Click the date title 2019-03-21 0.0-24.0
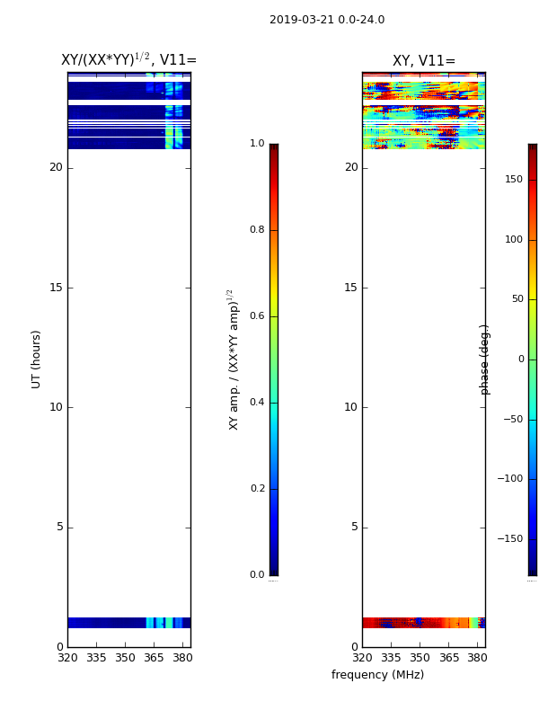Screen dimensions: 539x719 coord(327,20)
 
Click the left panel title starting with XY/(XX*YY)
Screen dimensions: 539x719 coord(128,59)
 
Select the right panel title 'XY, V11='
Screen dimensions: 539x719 coord(424,60)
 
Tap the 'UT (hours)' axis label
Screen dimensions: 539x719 coord(36,359)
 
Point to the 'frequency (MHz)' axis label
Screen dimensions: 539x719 coord(377,675)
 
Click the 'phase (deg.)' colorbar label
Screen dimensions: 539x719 coord(484,359)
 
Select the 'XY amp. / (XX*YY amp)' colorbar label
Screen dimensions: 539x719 coord(234,359)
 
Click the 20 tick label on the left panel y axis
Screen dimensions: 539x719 coord(56,167)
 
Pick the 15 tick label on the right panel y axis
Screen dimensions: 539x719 coord(350,288)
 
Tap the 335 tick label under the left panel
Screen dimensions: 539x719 coord(96,658)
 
